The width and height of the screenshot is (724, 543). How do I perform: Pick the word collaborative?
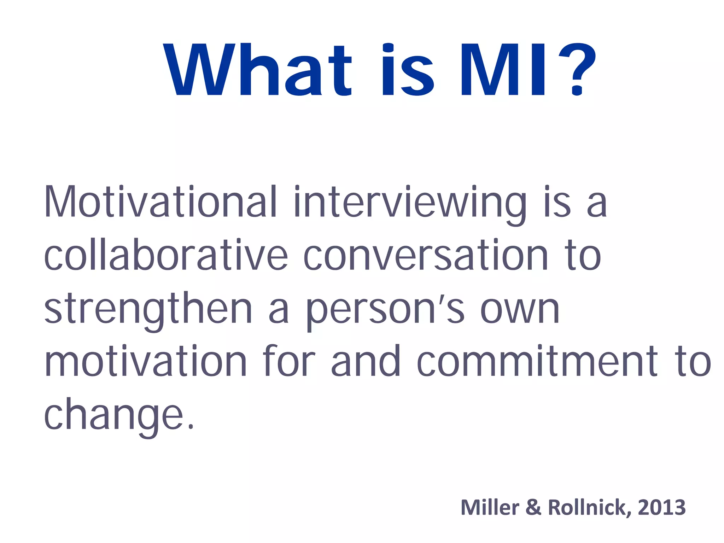click(x=166, y=255)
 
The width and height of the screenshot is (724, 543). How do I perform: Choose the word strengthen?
click(x=148, y=310)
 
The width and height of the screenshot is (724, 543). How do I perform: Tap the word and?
click(x=366, y=361)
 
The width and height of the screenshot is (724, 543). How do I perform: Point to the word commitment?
click(x=537, y=362)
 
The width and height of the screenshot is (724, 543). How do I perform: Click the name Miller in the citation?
click(x=490, y=507)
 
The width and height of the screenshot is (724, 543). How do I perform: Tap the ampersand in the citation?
click(x=533, y=507)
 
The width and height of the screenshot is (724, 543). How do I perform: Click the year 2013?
click(x=661, y=507)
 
